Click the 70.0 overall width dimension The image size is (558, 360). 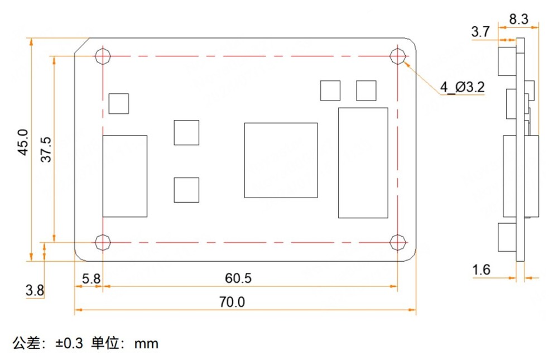pyautogui.click(x=232, y=302)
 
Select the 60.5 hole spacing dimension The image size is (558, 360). pyautogui.click(x=238, y=277)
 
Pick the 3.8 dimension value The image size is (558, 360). pyautogui.click(x=35, y=290)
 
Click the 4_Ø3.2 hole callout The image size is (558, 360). pyautogui.click(x=462, y=87)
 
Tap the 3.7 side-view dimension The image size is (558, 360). pyautogui.click(x=480, y=32)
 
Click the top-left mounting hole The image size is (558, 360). pyautogui.click(x=103, y=56)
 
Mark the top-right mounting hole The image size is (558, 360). pyautogui.click(x=397, y=56)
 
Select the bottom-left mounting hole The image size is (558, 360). pyautogui.click(x=103, y=242)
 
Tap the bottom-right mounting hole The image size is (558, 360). pyautogui.click(x=397, y=242)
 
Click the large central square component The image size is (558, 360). pyautogui.click(x=281, y=160)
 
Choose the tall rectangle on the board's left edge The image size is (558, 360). pyautogui.click(x=125, y=176)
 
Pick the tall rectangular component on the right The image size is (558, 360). pyautogui.click(x=363, y=163)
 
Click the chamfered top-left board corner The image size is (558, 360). pyautogui.click(x=82, y=46)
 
